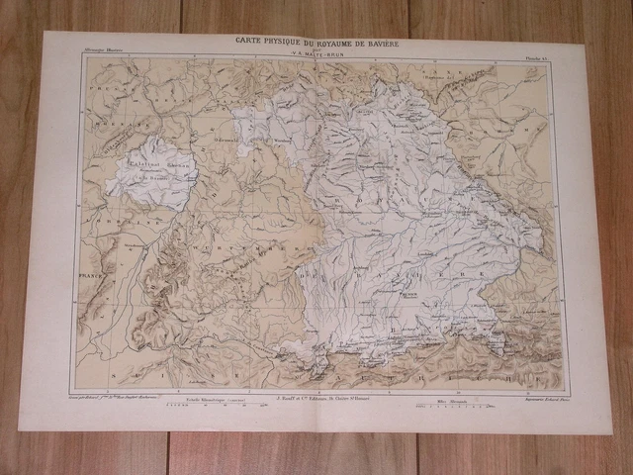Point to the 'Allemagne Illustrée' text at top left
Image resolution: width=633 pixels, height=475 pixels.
coord(105,49)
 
